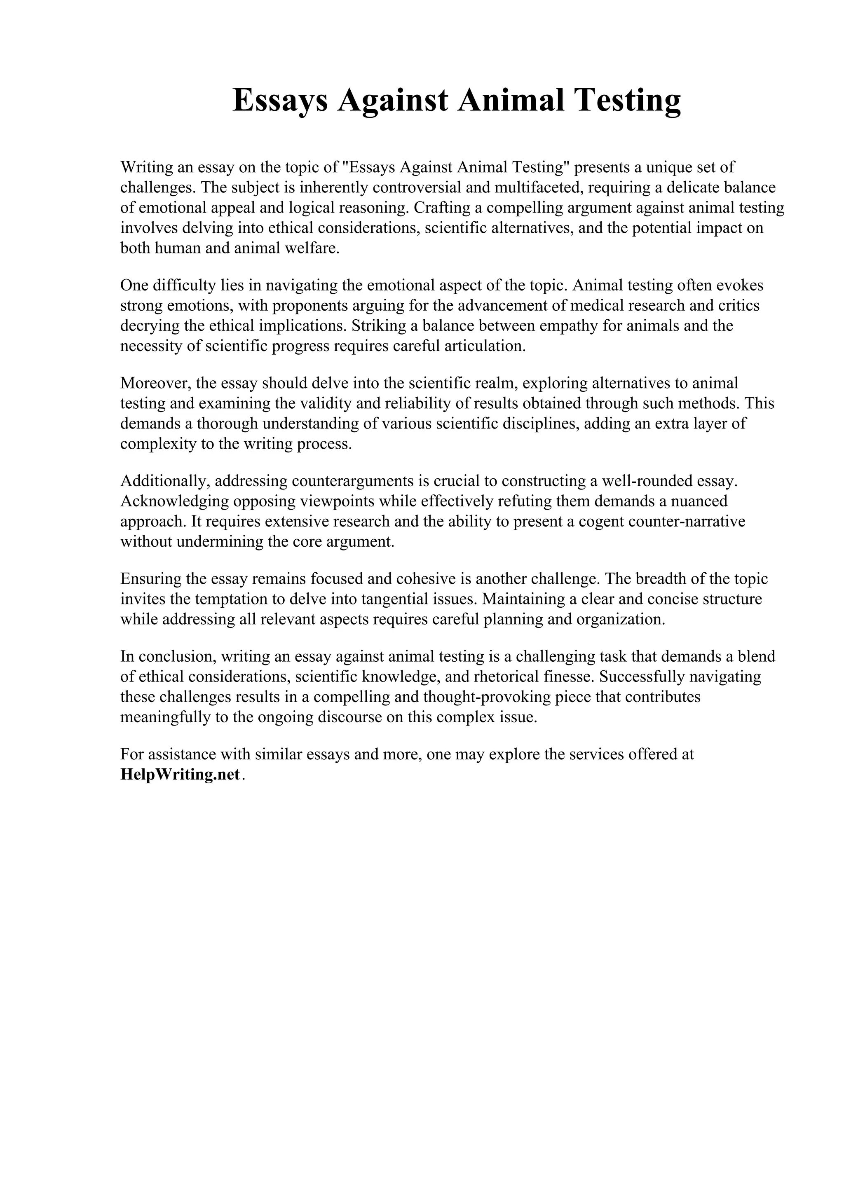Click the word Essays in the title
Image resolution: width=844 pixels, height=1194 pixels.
point(280,101)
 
